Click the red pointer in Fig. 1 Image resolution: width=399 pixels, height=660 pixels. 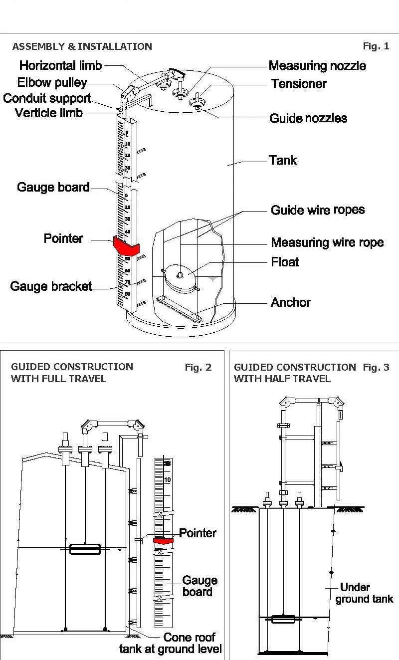coord(126,245)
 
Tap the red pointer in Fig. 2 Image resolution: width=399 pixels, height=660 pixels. coord(163,540)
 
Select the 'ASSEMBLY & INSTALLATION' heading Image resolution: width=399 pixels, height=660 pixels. coord(82,47)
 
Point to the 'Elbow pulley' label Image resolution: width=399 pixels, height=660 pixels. coord(52,82)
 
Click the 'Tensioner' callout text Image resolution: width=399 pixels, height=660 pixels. coord(299,84)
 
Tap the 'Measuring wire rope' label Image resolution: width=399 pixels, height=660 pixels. coord(327,243)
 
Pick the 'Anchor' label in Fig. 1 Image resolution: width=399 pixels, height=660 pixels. coord(291,302)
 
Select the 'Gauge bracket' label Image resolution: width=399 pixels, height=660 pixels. coord(51,286)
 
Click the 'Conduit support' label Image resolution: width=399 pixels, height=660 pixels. coord(47,98)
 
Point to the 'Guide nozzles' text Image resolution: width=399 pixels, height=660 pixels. coord(308,118)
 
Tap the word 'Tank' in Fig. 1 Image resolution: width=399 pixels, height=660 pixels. coord(283,161)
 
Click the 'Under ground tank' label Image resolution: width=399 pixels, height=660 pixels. coord(364,593)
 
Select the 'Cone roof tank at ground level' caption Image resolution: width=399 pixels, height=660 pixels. coord(171,644)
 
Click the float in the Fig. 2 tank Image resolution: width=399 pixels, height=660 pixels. coord(85,549)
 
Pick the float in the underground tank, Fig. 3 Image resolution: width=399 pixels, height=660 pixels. coord(283,619)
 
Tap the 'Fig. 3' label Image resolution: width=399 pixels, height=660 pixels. coord(376,368)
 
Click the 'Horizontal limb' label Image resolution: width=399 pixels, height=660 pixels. coord(60,65)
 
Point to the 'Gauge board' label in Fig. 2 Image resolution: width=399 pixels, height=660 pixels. coord(199,586)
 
